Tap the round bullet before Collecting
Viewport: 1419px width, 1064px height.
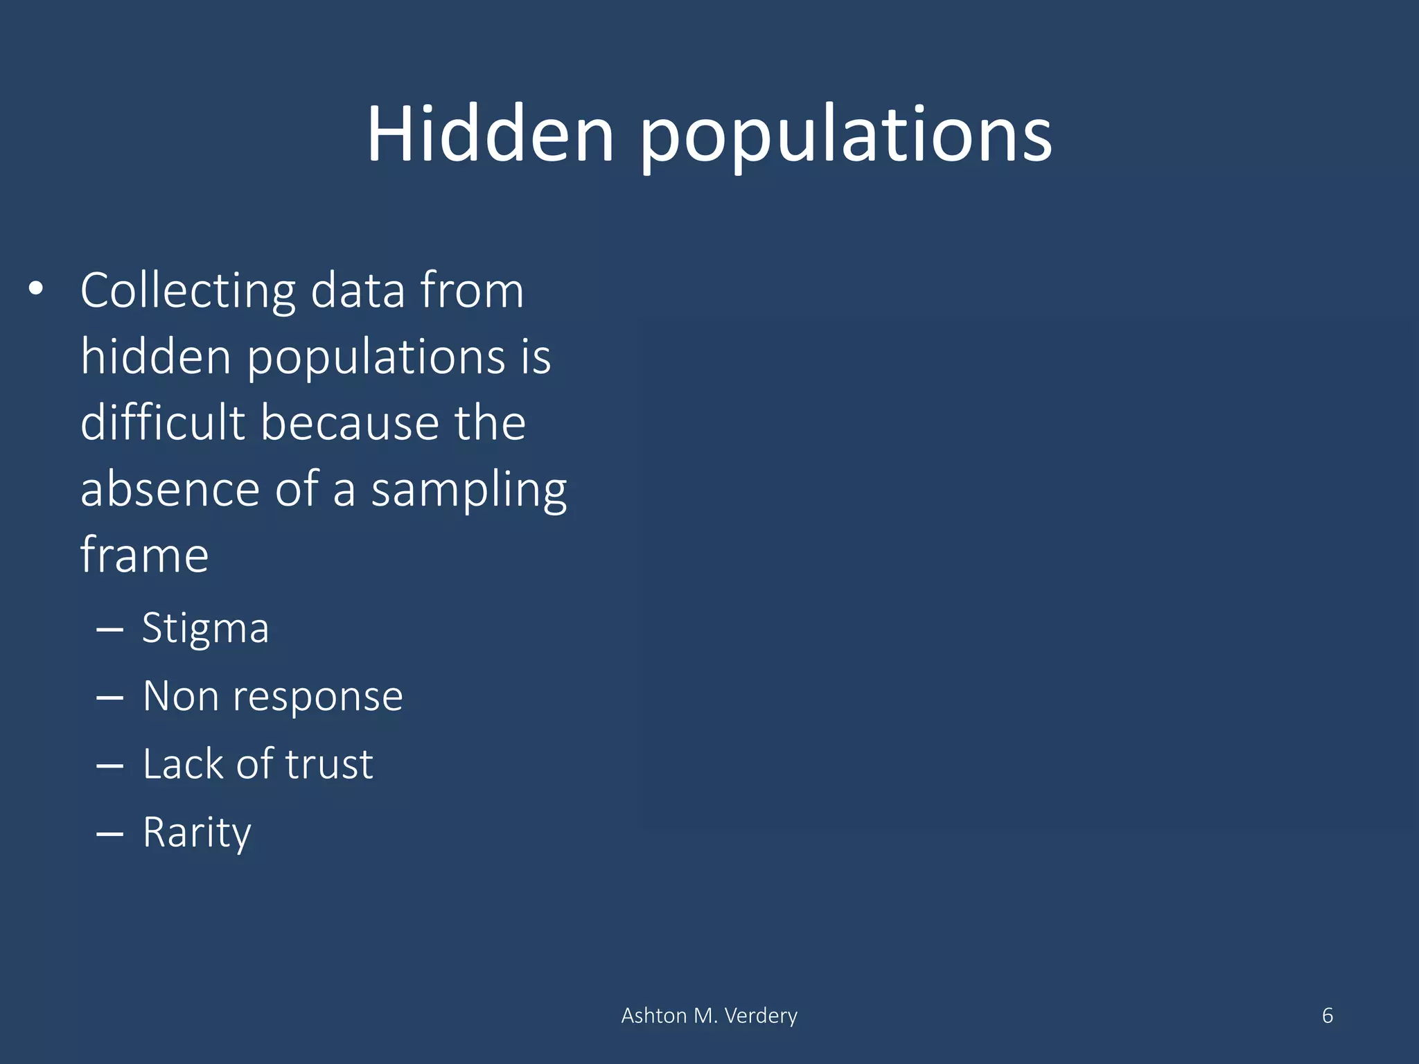(36, 289)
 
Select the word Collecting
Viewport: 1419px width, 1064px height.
(188, 291)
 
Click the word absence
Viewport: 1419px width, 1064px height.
(170, 489)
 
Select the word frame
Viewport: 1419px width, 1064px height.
(144, 555)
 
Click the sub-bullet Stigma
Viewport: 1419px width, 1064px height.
(205, 629)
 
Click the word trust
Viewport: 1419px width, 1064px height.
(329, 764)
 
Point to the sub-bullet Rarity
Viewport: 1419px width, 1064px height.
(197, 833)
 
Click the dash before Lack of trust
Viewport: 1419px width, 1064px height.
(109, 766)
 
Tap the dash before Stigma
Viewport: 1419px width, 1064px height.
(109, 630)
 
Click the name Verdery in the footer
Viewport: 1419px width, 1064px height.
(760, 1016)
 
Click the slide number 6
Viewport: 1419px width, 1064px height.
(1327, 1016)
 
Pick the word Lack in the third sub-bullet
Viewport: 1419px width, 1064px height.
(184, 764)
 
